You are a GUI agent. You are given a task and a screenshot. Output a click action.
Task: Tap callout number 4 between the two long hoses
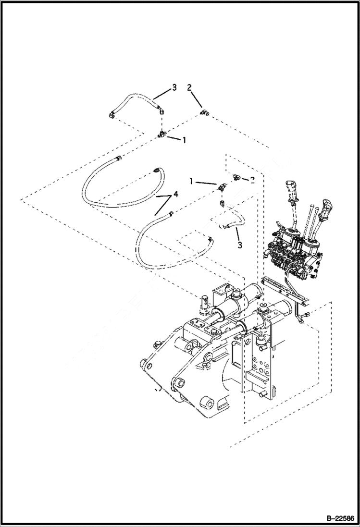click(176, 194)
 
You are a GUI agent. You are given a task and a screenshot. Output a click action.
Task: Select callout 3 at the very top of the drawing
click(174, 87)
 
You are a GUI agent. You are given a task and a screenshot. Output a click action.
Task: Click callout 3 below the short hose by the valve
click(239, 245)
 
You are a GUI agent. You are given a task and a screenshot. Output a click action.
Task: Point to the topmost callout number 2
click(189, 87)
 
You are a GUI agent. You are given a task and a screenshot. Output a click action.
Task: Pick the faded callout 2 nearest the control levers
click(252, 179)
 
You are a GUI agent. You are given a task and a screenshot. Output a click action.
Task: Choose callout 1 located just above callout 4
click(191, 182)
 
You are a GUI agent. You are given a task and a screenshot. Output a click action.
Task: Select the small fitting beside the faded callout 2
click(237, 177)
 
